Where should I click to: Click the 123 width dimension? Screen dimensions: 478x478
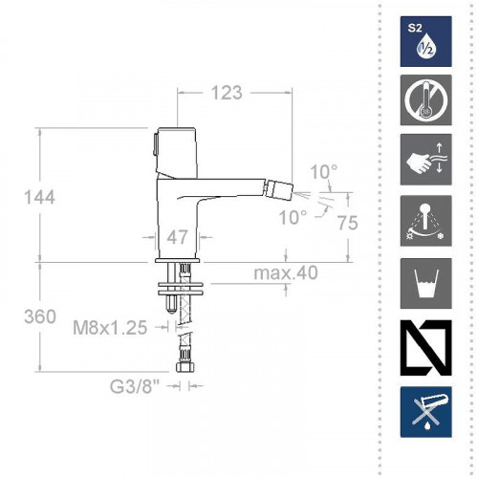coord(226,94)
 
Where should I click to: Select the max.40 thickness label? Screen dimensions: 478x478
coord(286,273)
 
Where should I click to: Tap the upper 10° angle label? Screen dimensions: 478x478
coord(324,171)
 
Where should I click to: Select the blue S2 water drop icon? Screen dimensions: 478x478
coord(424,40)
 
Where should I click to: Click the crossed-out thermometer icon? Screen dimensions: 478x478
coord(424,104)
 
